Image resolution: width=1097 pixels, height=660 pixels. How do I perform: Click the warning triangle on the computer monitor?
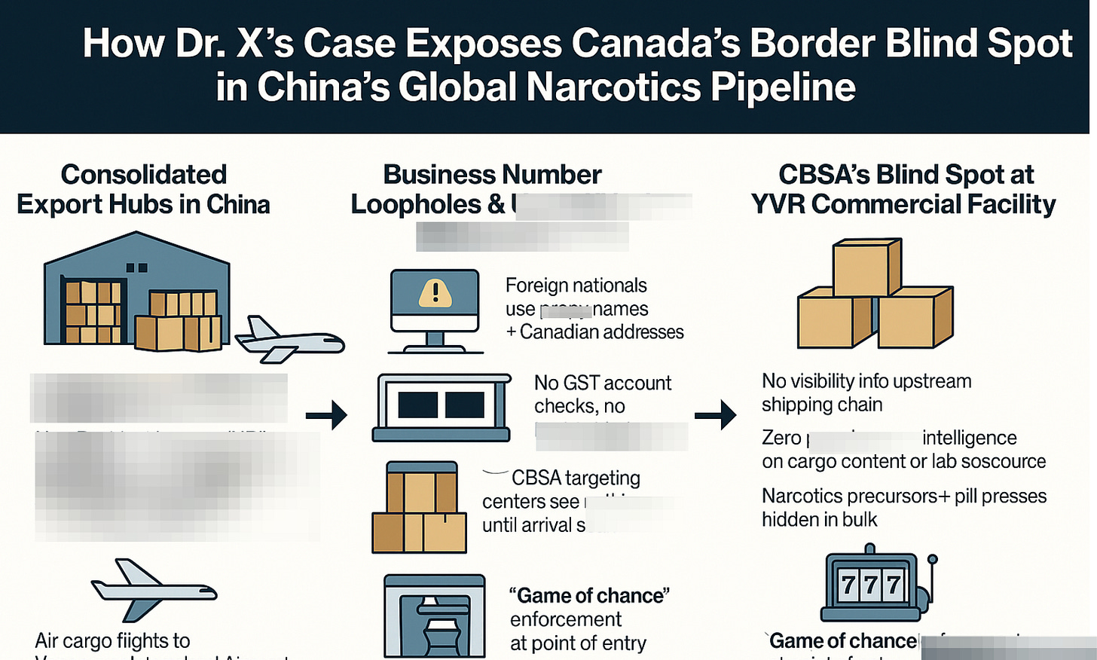(x=435, y=292)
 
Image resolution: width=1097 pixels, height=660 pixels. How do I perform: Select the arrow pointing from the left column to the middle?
(x=326, y=414)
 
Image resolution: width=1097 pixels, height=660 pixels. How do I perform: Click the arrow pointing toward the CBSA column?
(x=715, y=414)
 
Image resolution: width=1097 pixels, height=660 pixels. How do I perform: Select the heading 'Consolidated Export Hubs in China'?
(x=143, y=189)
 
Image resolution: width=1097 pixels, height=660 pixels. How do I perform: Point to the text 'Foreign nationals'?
(x=576, y=286)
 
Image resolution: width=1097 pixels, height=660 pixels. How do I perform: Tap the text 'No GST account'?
(x=602, y=383)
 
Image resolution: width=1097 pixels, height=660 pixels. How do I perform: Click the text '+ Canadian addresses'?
(x=594, y=332)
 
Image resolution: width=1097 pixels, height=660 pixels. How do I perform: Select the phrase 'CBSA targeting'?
(x=576, y=478)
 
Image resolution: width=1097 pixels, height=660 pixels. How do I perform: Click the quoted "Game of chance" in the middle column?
(x=589, y=596)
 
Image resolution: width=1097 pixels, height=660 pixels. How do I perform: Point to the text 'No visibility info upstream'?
(x=866, y=381)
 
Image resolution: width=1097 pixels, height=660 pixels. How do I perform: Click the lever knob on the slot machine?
(x=932, y=560)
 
